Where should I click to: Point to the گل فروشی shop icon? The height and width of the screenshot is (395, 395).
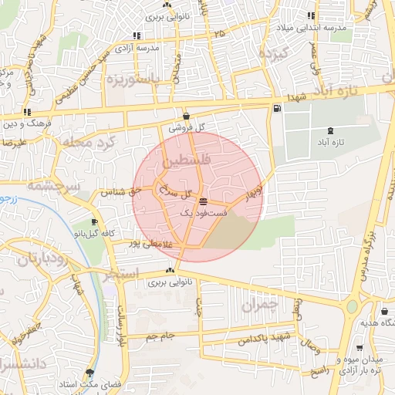[187, 116]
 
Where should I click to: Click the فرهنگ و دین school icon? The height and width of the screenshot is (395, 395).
[29, 112]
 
